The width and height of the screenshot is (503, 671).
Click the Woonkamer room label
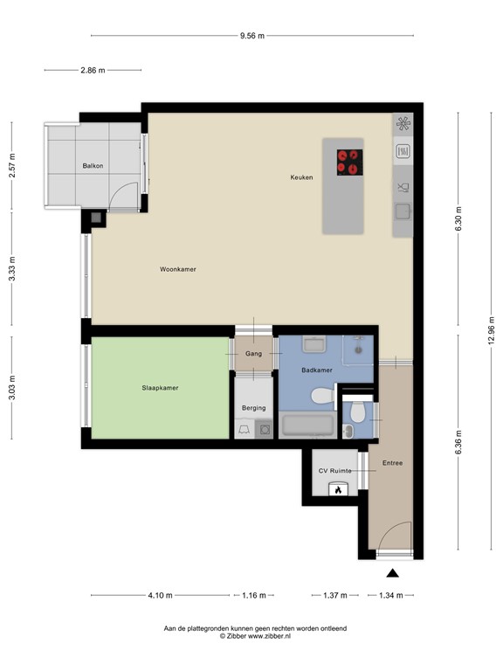pyautogui.click(x=178, y=269)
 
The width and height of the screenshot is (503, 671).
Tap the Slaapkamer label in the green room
pyautogui.click(x=160, y=388)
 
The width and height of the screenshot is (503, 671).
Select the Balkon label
pyautogui.click(x=93, y=166)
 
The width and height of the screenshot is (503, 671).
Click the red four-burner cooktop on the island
pyautogui.click(x=350, y=163)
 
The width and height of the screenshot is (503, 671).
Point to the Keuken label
pyautogui.click(x=301, y=177)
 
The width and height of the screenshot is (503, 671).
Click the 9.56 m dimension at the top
pyautogui.click(x=252, y=36)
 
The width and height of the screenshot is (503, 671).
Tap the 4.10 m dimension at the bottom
pyautogui.click(x=161, y=595)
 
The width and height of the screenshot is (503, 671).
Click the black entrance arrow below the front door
pyautogui.click(x=393, y=573)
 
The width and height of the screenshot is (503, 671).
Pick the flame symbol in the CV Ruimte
pyautogui.click(x=338, y=490)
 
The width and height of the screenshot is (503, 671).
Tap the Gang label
pyautogui.click(x=253, y=354)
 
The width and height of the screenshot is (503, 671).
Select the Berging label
pyautogui.click(x=253, y=408)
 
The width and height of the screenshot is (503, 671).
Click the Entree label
pyautogui.click(x=392, y=463)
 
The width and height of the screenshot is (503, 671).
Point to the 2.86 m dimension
pyautogui.click(x=93, y=70)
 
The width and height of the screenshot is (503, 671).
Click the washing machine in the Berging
pyautogui.click(x=264, y=429)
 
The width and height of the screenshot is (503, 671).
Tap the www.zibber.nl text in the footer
pyautogui.click(x=270, y=636)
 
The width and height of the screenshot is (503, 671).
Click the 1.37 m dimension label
pyautogui.click(x=335, y=595)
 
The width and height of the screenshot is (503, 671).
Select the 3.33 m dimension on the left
pyautogui.click(x=12, y=269)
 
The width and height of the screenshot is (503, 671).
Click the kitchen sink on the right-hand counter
pyautogui.click(x=403, y=211)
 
